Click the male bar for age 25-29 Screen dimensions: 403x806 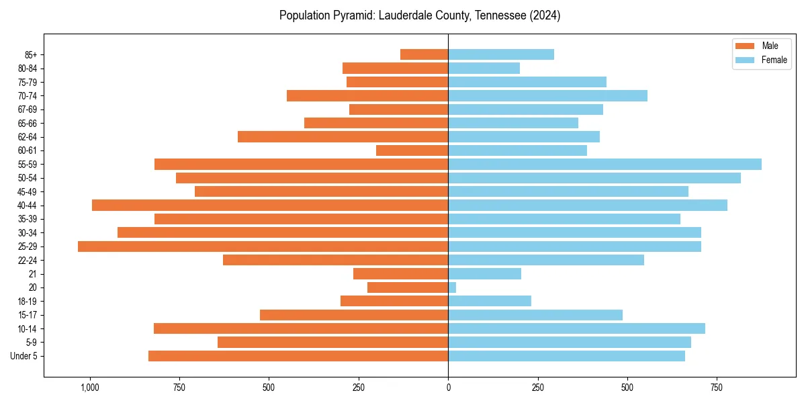coord(263,247)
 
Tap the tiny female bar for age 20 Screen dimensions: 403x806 coord(452,287)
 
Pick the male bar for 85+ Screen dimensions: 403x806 coord(424,54)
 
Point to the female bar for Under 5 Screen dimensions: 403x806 coord(566,356)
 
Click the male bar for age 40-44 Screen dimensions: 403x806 coord(270,206)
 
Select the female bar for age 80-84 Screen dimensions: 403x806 coord(484,69)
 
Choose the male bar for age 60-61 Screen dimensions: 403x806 coord(412,150)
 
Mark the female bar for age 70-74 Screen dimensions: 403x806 coord(547,96)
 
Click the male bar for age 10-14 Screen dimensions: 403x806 coord(301,328)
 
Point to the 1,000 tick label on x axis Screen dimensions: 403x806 coord(89,388)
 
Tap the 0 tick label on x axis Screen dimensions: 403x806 coord(448,388)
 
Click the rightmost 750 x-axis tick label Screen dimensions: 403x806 coord(717,388)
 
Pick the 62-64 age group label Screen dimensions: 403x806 coord(28,137)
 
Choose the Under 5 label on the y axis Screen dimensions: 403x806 coord(24,356)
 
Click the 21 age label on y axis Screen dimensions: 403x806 coord(32,274)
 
